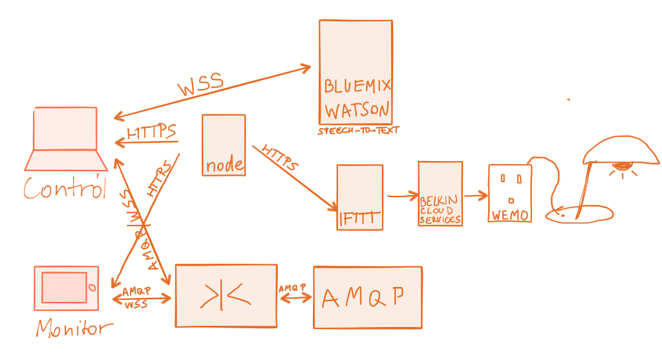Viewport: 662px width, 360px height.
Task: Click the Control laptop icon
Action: (65, 137)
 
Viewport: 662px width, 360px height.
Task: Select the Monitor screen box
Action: (67, 288)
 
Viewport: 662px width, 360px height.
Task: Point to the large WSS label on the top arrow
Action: (200, 85)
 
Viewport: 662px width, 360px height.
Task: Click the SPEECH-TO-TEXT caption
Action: (358, 131)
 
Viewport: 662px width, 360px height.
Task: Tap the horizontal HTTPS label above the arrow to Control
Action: (152, 132)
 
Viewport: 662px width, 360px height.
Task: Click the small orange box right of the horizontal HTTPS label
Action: (224, 145)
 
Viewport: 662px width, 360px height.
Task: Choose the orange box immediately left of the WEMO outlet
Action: (440, 194)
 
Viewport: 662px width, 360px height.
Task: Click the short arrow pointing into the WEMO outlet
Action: (476, 194)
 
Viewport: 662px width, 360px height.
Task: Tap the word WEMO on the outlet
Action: (510, 215)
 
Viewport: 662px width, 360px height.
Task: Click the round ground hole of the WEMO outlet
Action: (511, 199)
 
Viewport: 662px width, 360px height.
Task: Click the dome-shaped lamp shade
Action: (621, 150)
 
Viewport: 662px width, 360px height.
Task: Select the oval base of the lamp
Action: (581, 213)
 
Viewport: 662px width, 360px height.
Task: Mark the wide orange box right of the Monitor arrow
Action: (226, 295)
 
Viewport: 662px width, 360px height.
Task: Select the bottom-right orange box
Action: (368, 297)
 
